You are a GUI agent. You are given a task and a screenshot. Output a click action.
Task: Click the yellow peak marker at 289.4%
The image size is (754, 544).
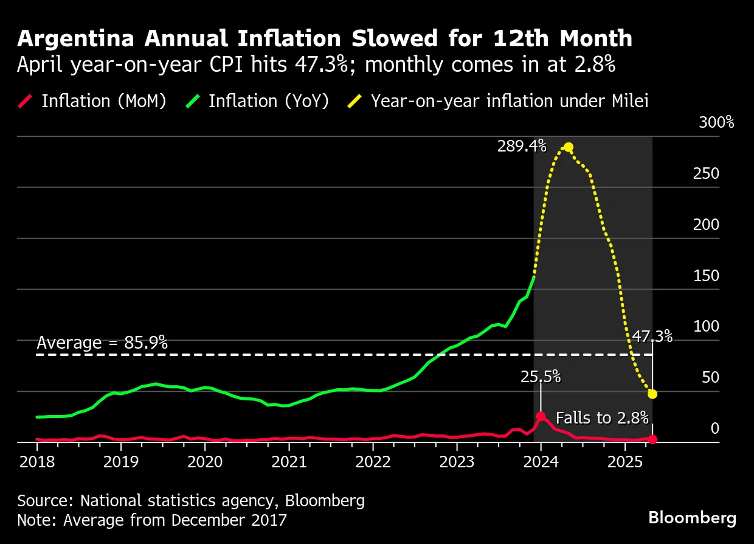[x=568, y=147]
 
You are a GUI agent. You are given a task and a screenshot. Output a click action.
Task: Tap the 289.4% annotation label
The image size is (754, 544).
[x=522, y=147]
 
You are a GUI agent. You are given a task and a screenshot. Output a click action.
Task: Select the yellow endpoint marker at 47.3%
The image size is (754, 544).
[x=652, y=394]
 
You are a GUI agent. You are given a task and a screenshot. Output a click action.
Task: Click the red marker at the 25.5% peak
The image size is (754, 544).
[x=541, y=416]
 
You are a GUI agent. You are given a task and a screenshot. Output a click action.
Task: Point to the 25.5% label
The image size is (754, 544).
[x=540, y=377]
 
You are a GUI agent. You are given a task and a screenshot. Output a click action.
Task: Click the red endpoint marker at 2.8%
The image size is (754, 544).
[x=652, y=439]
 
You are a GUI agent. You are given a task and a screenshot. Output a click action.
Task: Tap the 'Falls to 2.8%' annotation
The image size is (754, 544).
[x=602, y=418]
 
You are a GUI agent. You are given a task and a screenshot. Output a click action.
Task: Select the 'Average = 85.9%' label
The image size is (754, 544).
[x=102, y=343]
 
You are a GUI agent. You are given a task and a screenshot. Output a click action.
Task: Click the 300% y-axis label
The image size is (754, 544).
[x=716, y=122]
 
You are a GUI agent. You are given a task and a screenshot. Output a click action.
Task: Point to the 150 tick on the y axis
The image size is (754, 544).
[x=706, y=276]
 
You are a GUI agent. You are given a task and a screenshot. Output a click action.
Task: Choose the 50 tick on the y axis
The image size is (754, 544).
[x=710, y=377]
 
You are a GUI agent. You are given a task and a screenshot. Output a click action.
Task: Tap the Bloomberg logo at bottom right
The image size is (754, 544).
[x=692, y=518]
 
